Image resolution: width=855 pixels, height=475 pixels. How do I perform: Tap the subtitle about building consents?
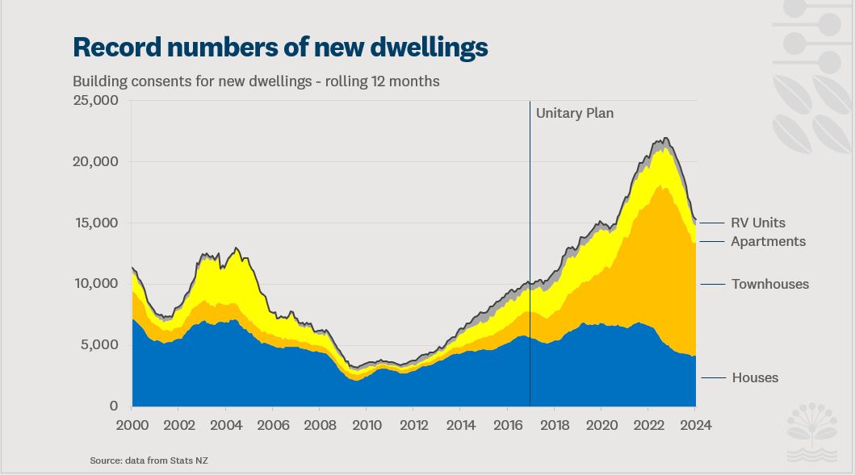(x=256, y=81)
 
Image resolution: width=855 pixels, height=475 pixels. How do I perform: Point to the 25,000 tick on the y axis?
(x=95, y=101)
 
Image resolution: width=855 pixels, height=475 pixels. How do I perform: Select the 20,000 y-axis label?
(x=95, y=161)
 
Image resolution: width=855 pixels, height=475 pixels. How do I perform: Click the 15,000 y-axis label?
(x=96, y=223)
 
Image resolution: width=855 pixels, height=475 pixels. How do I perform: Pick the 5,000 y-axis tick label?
(x=99, y=345)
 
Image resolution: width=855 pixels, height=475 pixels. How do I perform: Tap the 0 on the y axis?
(x=114, y=406)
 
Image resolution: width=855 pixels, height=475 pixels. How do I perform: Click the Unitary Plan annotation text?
(x=574, y=113)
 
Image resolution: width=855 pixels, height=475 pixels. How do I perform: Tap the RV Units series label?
(x=757, y=223)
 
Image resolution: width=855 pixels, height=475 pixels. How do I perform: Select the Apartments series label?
(x=768, y=241)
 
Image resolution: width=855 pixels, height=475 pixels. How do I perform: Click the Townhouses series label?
(x=769, y=284)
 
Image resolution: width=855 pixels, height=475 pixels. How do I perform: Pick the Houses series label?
(x=755, y=377)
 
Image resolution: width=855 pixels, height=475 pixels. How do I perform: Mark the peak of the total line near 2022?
(x=664, y=139)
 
